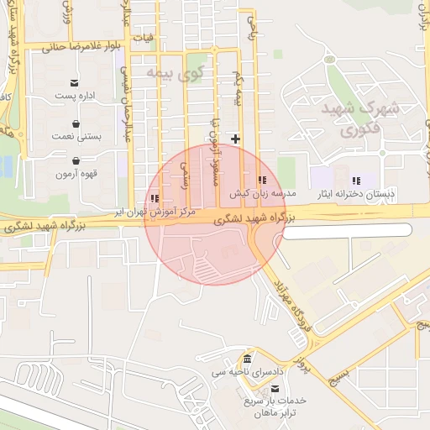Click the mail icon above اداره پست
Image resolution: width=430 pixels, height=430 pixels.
coord(76,82)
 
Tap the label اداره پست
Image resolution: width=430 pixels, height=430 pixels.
coord(76,97)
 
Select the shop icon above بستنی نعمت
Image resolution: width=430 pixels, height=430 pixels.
coord(76,123)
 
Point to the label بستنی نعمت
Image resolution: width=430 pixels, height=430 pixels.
coord(76,136)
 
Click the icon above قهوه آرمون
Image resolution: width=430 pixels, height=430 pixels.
coord(76,160)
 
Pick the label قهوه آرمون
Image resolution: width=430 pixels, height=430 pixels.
coord(76,175)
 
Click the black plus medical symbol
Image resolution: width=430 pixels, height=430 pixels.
coord(236,138)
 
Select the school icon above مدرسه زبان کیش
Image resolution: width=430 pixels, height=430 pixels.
coord(262,180)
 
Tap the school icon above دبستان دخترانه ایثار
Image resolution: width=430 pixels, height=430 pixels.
coord(356,180)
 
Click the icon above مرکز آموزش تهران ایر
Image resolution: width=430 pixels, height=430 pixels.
coord(155,199)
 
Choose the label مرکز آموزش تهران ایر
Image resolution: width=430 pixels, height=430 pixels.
coord(158,213)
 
